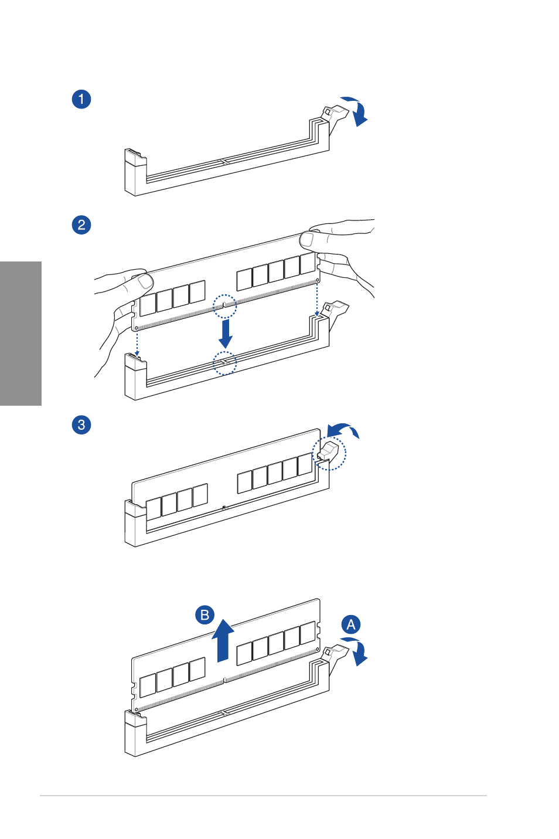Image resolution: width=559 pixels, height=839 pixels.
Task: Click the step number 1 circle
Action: (x=81, y=99)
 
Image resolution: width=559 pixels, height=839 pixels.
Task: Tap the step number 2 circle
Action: (x=81, y=225)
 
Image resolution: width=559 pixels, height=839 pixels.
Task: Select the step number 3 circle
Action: (x=81, y=424)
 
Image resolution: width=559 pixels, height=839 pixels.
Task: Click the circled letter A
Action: (x=351, y=624)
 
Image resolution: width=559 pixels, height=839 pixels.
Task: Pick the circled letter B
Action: (x=205, y=615)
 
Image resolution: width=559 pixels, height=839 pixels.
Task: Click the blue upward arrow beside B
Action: (x=223, y=641)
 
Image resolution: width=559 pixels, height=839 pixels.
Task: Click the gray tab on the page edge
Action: (x=21, y=334)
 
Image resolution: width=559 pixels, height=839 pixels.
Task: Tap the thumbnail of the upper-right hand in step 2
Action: (x=306, y=239)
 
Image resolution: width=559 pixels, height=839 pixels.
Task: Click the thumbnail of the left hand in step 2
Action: (x=145, y=281)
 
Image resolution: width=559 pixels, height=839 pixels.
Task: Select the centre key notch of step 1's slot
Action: (x=223, y=162)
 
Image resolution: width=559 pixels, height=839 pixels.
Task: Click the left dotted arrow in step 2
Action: (x=137, y=344)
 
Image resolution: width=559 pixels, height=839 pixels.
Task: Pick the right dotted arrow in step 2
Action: (x=317, y=300)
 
